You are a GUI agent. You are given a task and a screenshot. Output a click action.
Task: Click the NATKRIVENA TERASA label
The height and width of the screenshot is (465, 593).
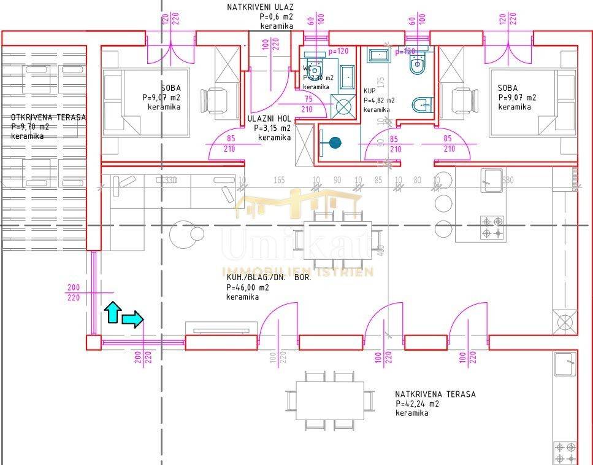435,394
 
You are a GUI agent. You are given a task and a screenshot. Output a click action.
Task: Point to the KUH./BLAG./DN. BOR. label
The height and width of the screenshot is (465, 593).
269,278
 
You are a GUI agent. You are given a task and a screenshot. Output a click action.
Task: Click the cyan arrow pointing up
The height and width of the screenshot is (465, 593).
112,312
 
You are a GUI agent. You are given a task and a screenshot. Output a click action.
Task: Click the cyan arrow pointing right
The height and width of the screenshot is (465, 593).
132,318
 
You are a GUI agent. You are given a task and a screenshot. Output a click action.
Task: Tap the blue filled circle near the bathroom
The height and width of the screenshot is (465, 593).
334,143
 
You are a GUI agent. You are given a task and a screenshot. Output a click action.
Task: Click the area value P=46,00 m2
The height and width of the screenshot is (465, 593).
247,287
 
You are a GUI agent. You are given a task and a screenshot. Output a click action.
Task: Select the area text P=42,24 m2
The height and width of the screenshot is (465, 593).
417,404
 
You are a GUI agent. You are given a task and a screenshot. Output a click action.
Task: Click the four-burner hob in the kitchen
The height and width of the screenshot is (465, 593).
491,227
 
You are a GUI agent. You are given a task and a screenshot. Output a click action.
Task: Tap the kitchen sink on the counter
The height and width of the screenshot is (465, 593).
491,179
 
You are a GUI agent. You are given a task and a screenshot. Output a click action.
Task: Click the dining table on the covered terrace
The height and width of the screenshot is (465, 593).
329,400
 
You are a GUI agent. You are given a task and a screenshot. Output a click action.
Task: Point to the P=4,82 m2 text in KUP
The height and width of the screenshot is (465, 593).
379,101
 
